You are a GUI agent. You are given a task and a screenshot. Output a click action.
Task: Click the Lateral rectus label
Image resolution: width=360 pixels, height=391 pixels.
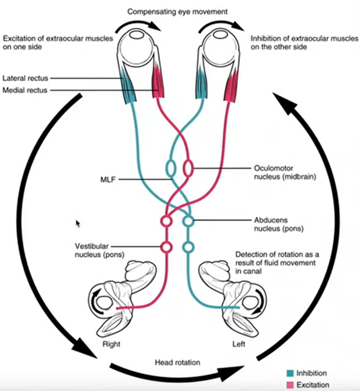click(25, 78)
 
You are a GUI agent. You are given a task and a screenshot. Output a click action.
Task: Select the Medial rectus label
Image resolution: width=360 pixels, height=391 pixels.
click(25, 90)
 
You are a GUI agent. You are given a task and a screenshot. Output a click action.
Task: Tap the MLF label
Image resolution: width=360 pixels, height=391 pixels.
click(108, 179)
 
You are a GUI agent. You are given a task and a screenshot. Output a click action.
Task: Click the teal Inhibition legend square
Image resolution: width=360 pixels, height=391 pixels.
click(290, 373)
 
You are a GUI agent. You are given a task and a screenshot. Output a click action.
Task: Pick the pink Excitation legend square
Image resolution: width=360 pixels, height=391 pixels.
click(290, 385)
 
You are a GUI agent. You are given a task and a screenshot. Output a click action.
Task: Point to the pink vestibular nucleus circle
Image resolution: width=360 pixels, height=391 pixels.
click(166, 247)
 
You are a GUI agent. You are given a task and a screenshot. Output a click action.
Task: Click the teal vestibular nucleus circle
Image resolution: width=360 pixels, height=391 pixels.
click(188, 247)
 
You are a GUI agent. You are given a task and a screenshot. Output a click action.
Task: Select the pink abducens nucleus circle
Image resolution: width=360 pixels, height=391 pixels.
click(166, 221)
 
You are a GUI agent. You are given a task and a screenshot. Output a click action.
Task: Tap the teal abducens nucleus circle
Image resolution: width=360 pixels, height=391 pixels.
click(188, 221)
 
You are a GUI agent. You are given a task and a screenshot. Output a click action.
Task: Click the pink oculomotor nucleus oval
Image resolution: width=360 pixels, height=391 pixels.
click(188, 168)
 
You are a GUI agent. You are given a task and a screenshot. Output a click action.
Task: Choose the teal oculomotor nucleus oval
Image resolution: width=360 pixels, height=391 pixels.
click(171, 168)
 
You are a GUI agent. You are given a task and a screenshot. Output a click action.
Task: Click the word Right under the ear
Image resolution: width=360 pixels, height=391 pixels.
click(111, 344)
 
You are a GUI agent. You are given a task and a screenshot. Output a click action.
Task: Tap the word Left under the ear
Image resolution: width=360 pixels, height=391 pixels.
click(239, 344)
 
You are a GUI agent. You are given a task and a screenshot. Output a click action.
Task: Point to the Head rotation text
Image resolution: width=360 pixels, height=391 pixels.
click(178, 362)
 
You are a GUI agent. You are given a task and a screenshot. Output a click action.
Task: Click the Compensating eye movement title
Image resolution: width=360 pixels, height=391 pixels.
click(178, 12)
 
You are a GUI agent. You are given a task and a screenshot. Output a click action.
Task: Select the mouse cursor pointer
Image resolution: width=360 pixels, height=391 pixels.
click(78, 223)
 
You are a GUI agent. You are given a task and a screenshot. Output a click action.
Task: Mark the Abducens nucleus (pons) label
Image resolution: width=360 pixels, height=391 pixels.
click(279, 224)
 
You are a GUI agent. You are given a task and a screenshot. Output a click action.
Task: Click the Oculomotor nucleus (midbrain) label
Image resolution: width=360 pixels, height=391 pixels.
click(285, 172)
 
